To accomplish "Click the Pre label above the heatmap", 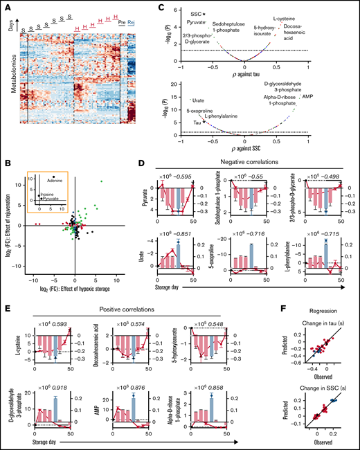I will point(122,22).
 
